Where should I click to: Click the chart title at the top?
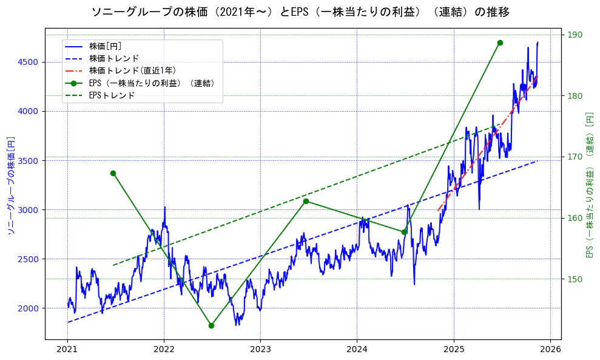pos(300,12)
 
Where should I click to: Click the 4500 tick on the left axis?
pos(29,62)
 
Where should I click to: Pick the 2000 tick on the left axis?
pos(29,308)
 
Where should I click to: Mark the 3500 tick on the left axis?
pos(29,161)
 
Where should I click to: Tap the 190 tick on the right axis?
pos(574,35)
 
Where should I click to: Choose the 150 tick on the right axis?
pos(574,279)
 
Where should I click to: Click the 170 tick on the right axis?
pos(574,157)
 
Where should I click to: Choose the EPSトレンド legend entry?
pos(112,95)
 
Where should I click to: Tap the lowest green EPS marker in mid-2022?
pos(211,325)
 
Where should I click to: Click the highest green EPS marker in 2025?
pos(500,42)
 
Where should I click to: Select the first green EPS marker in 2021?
pos(113,173)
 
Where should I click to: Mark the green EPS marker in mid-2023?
pos(306,201)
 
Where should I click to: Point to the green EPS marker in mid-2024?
pos(404,231)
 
